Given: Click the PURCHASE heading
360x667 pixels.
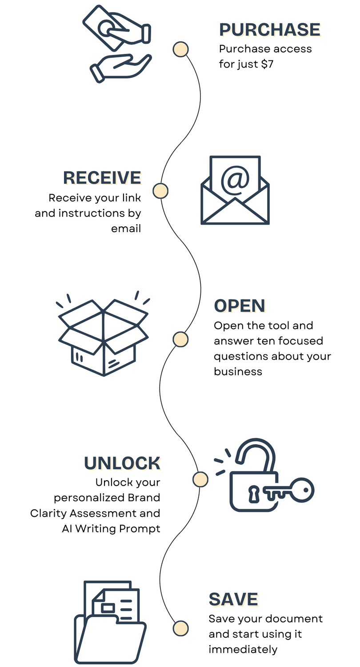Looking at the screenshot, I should [269, 30].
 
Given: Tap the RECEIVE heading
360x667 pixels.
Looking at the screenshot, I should [102, 177].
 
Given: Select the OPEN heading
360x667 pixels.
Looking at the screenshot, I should [240, 306].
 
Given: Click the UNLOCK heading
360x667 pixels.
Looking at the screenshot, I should [122, 463].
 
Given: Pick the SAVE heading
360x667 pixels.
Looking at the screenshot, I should [233, 599].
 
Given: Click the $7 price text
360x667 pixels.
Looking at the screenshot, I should [267, 64].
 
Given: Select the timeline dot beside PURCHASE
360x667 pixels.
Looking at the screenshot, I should [180, 49].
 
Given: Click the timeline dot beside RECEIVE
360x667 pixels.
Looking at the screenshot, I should [160, 191].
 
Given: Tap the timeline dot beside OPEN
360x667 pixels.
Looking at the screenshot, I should [180, 339].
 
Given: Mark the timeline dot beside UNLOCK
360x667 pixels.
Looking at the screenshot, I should [200, 479].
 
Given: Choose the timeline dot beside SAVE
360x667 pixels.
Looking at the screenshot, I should [180, 628].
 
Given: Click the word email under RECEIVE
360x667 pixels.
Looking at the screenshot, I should [126, 229].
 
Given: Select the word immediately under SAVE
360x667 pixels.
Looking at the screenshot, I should [243, 649].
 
